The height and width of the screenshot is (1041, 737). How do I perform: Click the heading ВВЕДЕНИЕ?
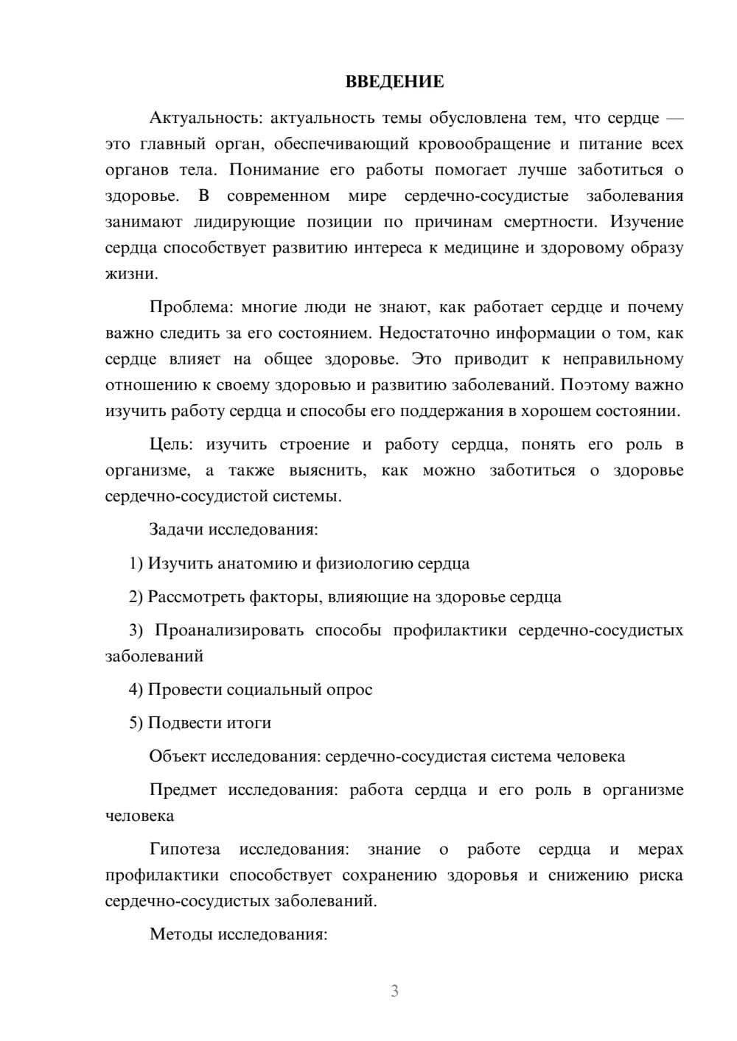click(394, 82)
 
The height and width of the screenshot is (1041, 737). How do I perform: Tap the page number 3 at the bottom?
click(394, 991)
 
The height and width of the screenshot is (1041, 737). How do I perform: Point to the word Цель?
click(171, 445)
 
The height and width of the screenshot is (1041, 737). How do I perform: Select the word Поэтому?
click(601, 385)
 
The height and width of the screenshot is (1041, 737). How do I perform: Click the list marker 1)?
click(136, 564)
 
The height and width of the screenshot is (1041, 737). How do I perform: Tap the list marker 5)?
click(136, 723)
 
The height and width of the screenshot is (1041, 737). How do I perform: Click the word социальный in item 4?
click(273, 690)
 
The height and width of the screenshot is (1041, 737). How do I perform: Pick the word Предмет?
click(183, 790)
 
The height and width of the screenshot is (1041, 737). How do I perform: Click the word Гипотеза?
click(184, 850)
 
